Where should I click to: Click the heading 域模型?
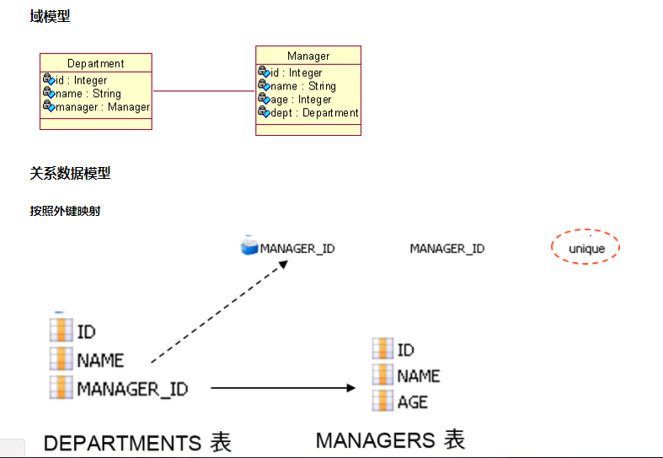tap(50, 16)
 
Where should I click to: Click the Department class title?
tap(95, 63)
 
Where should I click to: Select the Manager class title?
tap(308, 56)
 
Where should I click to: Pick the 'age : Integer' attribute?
tap(301, 100)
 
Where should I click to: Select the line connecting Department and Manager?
tap(203, 91)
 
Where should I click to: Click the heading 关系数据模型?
tap(70, 173)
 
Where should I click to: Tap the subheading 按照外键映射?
tap(65, 211)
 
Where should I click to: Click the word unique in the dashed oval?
tap(586, 249)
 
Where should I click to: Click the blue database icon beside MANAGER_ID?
tap(249, 247)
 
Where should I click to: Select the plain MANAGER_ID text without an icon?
tap(446, 248)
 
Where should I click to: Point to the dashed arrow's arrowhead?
tap(284, 265)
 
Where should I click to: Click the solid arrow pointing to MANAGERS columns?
tap(282, 388)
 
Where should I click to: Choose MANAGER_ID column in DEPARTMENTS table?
tap(132, 389)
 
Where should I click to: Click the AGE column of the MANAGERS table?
tap(412, 402)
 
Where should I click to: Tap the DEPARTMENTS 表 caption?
tap(137, 442)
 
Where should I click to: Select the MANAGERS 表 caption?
tap(390, 439)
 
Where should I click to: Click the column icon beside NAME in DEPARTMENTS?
tap(61, 360)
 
